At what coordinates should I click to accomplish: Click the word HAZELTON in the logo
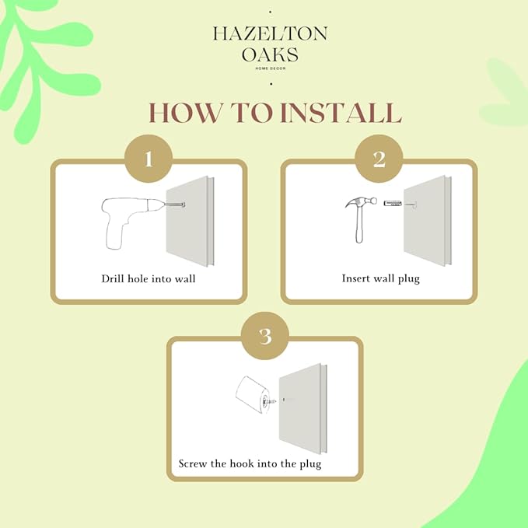coord(270,34)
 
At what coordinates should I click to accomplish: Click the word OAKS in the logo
coord(270,54)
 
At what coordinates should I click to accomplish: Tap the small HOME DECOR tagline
coord(271,68)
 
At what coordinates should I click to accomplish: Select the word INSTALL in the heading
coord(341,113)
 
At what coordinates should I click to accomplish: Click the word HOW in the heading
coord(186,113)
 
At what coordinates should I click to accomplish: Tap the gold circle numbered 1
coord(149,159)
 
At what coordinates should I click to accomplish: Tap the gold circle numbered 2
coord(379,159)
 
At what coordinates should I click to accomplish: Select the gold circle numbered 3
coord(265,336)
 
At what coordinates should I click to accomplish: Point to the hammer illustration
coord(360,219)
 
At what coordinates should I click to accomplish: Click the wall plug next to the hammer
coord(393,204)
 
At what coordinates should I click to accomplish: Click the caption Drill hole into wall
coord(149,279)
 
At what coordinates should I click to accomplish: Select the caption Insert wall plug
coord(381,278)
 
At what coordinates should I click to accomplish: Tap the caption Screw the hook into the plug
coord(250,463)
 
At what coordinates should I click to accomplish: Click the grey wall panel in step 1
coord(191,222)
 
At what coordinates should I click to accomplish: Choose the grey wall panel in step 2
coord(428,221)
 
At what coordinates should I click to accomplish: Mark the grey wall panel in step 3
coord(303,408)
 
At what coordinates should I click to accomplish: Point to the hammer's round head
coord(372,201)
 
